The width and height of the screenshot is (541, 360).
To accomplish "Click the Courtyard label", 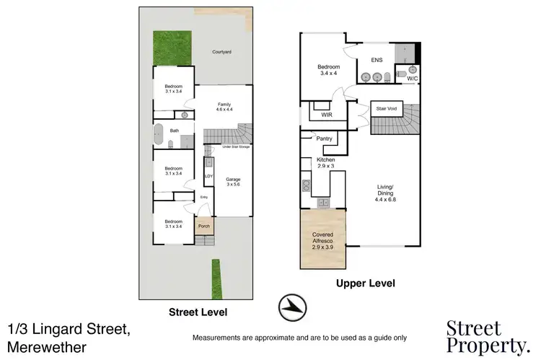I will (221, 52).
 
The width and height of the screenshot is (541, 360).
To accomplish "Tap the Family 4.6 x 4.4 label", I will (224, 107).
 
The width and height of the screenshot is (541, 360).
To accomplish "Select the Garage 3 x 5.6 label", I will (233, 182).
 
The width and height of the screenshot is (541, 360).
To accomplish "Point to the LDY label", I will (208, 175).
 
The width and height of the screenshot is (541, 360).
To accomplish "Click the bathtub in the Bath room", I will (158, 131).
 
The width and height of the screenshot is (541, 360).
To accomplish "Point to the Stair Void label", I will (387, 109).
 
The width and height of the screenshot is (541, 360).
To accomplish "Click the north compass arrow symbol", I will (291, 306).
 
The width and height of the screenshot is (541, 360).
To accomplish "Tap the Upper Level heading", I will (366, 284).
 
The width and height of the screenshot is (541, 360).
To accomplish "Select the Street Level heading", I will (198, 312).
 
